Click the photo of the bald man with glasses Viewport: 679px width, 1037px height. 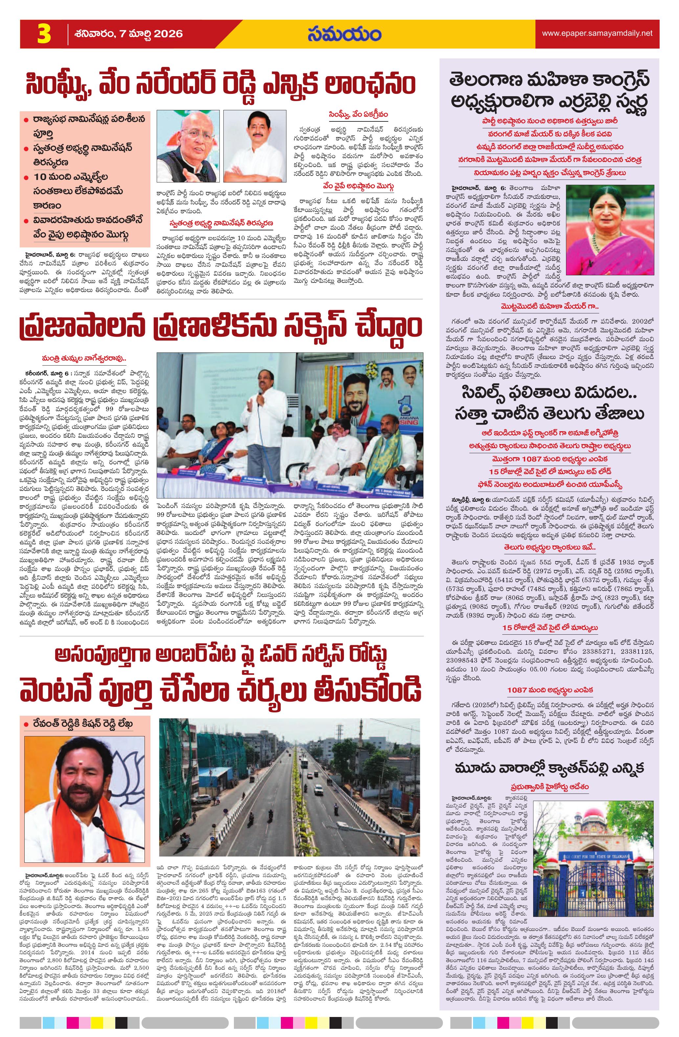[x=188, y=146]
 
